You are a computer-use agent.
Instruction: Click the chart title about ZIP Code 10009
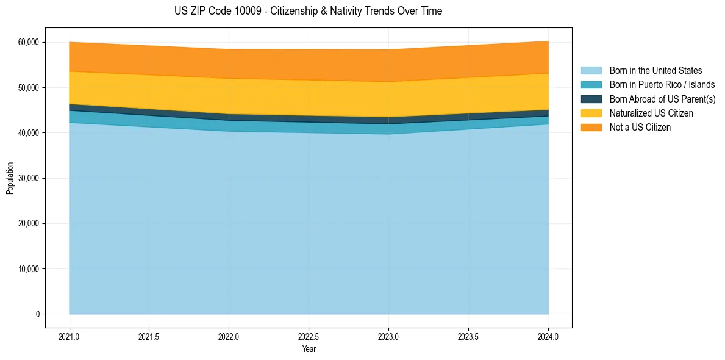[x=308, y=11]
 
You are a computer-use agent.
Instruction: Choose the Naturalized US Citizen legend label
[x=651, y=113]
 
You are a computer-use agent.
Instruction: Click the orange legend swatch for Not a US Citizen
[x=591, y=128]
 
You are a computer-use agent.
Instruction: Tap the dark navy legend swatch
[x=591, y=99]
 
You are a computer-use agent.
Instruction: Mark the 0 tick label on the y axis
[x=38, y=314]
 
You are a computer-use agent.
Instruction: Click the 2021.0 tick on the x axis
[x=70, y=336]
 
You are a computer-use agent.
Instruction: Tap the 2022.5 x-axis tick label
[x=309, y=336]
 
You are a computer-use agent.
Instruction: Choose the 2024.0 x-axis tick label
[x=548, y=336]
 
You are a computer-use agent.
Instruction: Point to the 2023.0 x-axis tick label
[x=388, y=336]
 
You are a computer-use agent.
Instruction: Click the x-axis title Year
[x=309, y=349]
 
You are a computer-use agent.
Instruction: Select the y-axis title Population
[x=10, y=178]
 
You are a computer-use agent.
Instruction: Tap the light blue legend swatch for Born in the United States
[x=591, y=71]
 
